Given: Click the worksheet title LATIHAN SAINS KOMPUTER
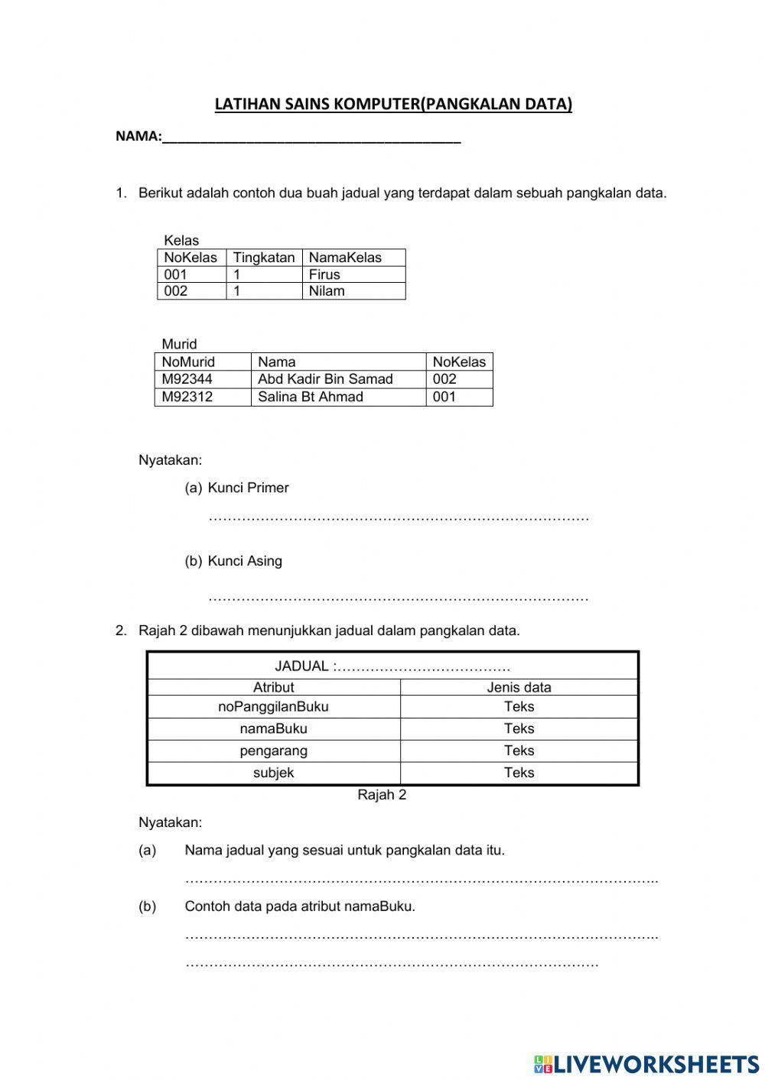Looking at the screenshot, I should coord(392,104).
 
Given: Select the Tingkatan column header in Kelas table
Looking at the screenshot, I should coord(263,258).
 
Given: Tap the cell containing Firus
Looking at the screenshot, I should coord(324,274).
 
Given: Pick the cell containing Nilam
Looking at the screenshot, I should coord(327,291).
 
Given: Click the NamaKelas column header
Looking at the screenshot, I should coord(345,258).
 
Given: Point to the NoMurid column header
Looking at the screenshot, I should coord(188,362).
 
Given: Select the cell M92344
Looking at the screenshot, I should coord(187,379).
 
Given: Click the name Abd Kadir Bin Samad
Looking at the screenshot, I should coord(325,379).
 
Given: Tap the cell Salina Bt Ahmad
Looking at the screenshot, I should coord(311,397).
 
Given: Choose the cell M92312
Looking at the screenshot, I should coord(187,397).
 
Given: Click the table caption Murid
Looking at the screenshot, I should coord(179,344).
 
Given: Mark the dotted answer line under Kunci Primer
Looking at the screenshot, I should coord(398,519).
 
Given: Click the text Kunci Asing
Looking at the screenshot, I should coord(245,561).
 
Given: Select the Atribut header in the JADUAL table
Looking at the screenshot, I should coord(273,687).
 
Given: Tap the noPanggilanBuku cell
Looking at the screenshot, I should coord(273,707).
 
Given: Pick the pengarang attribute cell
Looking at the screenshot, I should coord(273,751).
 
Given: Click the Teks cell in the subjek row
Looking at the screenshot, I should coord(519,773).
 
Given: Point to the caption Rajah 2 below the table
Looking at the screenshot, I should coord(382,795).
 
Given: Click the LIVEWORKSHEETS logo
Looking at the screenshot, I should coord(646,1064).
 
